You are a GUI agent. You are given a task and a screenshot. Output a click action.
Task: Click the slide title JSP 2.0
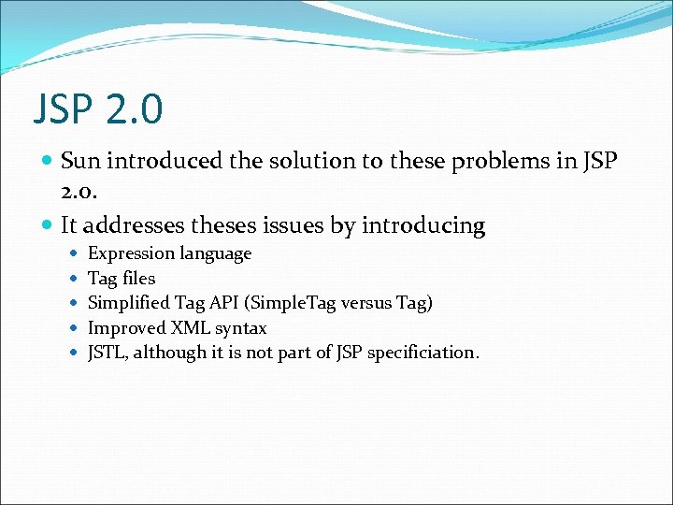[98, 108]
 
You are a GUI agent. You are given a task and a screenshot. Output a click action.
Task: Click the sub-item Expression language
[169, 253]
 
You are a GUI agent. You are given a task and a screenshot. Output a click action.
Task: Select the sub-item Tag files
[122, 279]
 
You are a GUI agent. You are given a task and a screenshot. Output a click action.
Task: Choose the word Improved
[126, 328]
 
